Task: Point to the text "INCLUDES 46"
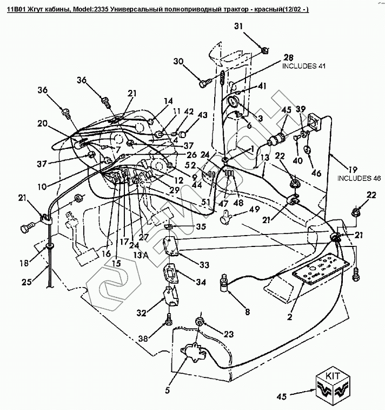pyautogui.click(x=357, y=178)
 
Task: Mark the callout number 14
pyautogui.click(x=168, y=100)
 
